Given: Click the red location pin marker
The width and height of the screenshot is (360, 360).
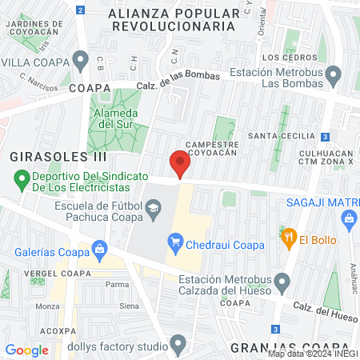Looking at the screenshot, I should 181,164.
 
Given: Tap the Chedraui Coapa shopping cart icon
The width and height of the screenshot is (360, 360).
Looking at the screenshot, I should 176,241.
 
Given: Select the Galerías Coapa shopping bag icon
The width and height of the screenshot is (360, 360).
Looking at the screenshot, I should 100,250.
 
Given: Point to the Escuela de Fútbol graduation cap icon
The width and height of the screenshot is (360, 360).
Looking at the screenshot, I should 151,210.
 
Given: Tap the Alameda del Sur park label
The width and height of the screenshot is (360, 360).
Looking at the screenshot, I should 112,118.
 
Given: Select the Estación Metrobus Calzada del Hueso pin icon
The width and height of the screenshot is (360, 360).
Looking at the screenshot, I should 282,282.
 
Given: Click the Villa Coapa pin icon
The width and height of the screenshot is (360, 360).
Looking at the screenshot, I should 80,60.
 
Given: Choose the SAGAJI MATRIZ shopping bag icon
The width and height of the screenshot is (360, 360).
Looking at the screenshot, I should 348,218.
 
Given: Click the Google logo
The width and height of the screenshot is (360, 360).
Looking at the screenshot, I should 26,350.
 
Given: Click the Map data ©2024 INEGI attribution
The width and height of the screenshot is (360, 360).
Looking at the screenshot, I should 313,354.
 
